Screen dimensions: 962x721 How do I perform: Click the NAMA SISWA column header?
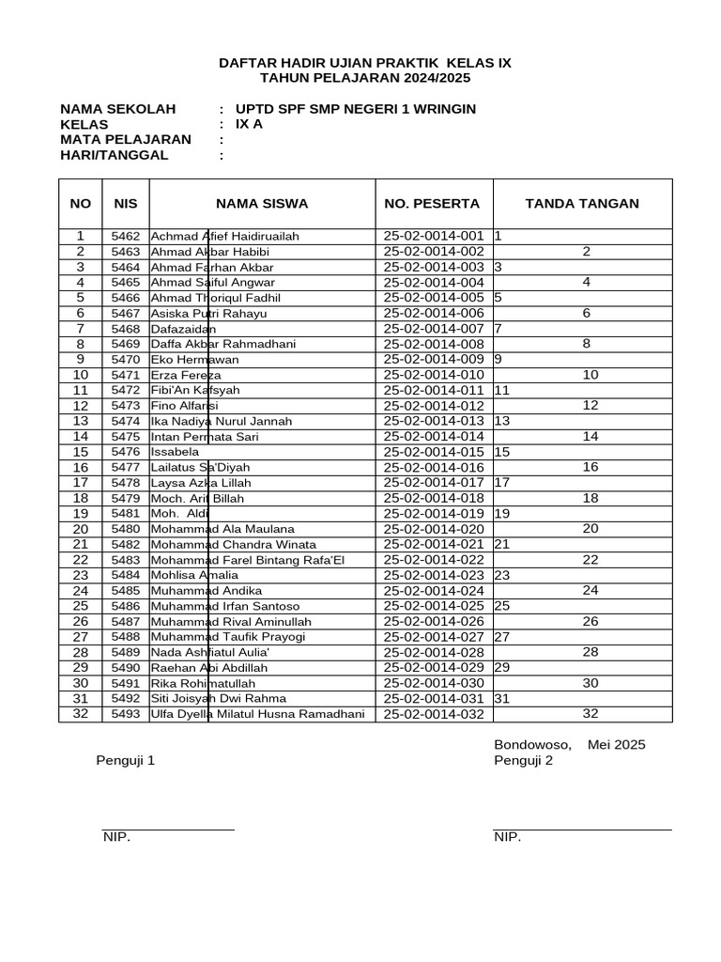pos(262,204)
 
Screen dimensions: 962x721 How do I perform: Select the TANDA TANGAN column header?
pos(582,204)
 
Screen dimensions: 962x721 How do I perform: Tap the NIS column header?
pos(125,204)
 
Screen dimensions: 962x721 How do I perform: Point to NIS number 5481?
pos(125,514)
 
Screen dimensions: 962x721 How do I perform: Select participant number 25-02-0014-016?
pos(434,468)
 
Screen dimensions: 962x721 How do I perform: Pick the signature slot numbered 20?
pos(591,529)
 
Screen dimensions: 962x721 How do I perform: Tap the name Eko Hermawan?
pos(194,360)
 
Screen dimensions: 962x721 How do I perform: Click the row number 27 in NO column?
pos(80,637)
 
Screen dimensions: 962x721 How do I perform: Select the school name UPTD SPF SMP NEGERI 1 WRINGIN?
pos(356,109)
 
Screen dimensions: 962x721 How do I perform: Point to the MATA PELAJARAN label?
pos(126,140)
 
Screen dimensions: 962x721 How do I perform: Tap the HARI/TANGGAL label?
pos(115,155)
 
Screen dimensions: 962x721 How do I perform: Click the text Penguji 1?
pos(125,761)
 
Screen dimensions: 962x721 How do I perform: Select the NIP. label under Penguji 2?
pos(507,838)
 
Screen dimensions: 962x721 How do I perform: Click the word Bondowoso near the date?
pos(532,745)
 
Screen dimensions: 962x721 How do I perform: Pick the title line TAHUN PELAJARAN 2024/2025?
pos(365,78)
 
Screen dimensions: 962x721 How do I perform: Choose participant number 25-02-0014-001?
pos(434,237)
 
